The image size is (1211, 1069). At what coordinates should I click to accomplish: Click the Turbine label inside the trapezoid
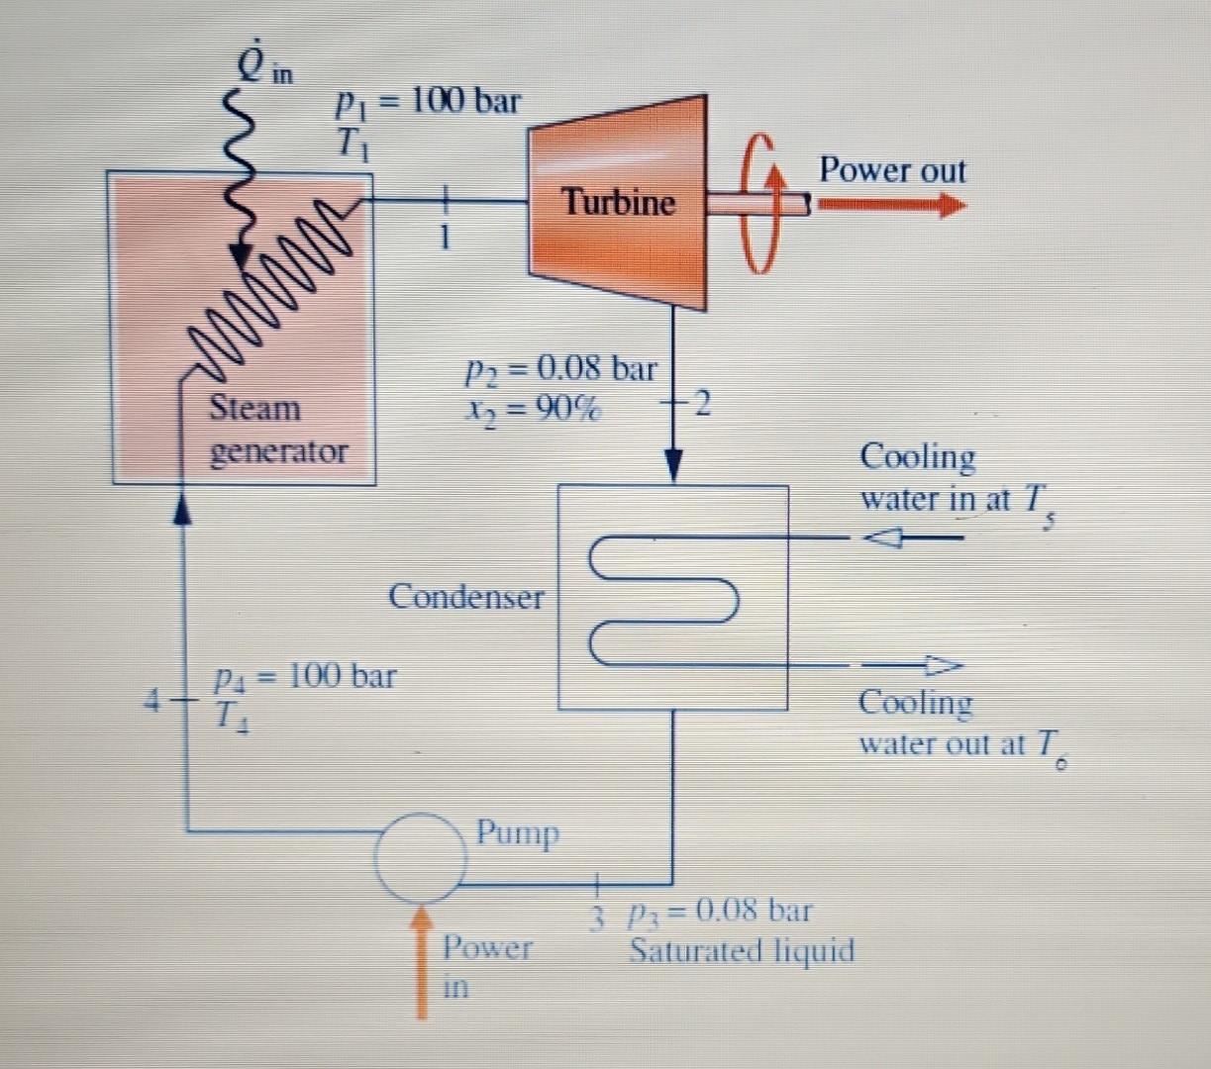619,203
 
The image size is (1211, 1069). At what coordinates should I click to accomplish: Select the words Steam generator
278,429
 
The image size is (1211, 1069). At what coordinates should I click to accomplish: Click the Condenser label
466,597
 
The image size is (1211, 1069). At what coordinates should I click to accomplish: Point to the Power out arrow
891,206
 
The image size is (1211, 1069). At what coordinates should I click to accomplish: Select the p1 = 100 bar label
427,100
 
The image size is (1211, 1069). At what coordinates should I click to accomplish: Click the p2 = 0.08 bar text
560,369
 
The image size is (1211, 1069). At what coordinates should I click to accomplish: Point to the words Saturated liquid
742,951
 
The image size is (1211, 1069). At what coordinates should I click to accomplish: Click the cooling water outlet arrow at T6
911,664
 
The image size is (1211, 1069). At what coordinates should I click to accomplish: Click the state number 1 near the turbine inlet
446,238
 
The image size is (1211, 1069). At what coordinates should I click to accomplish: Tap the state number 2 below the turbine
701,404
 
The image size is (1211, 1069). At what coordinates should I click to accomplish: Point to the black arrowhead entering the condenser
674,467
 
